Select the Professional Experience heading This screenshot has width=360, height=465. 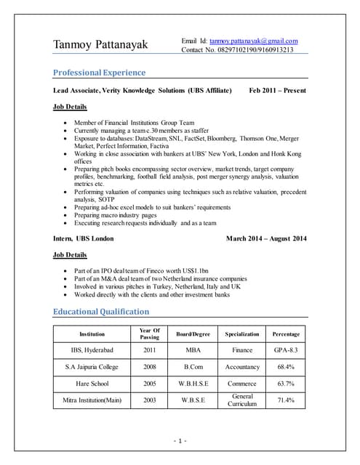[x=100, y=73]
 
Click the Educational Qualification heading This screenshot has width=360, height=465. [x=101, y=312]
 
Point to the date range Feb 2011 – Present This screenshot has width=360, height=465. [x=277, y=91]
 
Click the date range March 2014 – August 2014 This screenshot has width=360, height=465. [x=266, y=239]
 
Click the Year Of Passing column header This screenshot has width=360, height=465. [x=149, y=333]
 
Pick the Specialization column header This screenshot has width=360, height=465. [x=242, y=334]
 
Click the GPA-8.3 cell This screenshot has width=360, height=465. [x=285, y=351]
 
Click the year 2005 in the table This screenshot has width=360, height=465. [x=149, y=384]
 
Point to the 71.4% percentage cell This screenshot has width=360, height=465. [x=285, y=400]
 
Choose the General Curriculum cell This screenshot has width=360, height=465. [x=242, y=400]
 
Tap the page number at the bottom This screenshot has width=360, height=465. [x=180, y=441]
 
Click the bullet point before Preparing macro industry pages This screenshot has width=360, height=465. [x=68, y=216]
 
